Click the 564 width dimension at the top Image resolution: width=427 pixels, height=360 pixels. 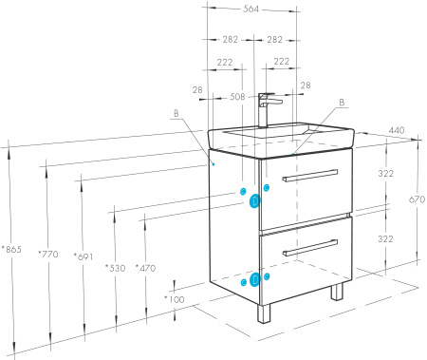coord(251,9)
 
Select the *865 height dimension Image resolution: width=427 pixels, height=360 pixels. coord(11,250)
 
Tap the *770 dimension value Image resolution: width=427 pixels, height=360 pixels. coord(48,254)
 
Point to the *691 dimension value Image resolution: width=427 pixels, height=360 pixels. coord(84,256)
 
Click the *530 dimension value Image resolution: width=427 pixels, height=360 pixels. coord(115,268)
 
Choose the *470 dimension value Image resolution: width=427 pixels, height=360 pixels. coord(145,268)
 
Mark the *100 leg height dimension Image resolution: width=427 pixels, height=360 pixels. coord(175,299)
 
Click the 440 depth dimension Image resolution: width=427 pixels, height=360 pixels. coord(397,130)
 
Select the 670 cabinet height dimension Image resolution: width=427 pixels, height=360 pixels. coord(417,199)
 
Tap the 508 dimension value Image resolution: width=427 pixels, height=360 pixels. coord(237,97)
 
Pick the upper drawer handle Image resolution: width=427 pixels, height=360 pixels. coord(310,176)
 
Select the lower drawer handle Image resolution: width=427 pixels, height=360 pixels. coord(310,248)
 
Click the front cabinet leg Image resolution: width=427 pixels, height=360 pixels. coord(264,313)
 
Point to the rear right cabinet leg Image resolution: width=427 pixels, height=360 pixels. coord(337,292)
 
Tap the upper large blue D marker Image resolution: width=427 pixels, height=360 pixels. coord(254,201)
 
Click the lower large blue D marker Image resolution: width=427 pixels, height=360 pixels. coord(254,279)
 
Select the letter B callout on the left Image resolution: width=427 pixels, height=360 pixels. coord(176,113)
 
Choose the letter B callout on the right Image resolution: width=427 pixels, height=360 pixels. coord(342,103)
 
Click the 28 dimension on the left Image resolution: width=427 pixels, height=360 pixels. coord(197,90)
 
